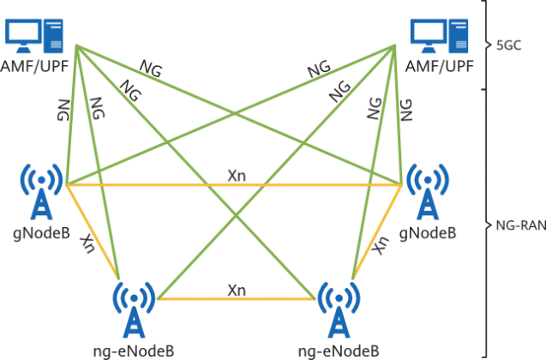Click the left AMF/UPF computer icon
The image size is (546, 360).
click(x=35, y=34)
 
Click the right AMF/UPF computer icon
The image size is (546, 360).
click(x=440, y=34)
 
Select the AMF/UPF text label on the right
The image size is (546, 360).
click(x=440, y=65)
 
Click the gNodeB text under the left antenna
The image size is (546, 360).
click(x=40, y=232)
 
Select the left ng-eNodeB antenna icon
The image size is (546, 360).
click(x=134, y=309)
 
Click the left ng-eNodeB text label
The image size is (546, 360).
click(x=134, y=350)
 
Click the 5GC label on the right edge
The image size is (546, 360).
click(x=510, y=44)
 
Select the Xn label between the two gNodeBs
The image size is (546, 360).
click(x=237, y=175)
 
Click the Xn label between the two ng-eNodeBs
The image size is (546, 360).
click(x=237, y=290)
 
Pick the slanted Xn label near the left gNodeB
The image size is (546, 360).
click(x=86, y=243)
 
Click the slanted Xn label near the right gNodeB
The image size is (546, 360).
click(x=381, y=243)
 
